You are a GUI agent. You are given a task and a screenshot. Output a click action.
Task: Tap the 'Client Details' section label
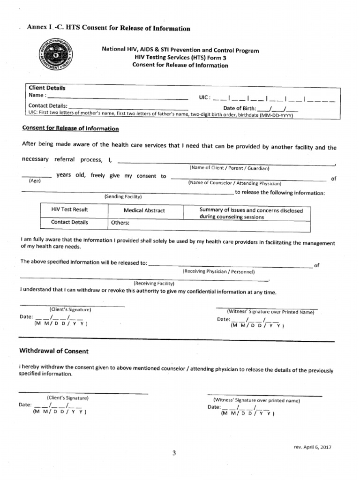[47, 88]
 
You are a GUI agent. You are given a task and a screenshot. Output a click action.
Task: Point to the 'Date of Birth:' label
[240, 108]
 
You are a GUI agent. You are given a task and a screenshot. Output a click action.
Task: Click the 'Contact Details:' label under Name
[48, 105]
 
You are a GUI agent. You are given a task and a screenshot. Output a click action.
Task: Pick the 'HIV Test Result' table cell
[69, 210]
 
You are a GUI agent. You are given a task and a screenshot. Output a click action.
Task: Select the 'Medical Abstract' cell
[144, 210]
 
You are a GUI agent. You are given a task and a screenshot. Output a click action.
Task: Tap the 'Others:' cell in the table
[120, 223]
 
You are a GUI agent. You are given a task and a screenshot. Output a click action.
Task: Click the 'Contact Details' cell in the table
[69, 222]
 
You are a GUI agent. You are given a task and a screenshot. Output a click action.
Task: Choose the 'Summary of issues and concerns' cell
[251, 214]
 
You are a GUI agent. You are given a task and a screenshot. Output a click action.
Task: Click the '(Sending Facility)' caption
[123, 196]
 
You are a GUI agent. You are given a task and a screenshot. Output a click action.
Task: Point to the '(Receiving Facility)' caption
[154, 283]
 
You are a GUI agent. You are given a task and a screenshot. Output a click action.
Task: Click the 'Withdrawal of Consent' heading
[53, 351]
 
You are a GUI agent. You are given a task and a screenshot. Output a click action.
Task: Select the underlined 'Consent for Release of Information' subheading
[70, 128]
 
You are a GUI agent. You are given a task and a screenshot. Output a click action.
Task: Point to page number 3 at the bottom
[174, 453]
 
